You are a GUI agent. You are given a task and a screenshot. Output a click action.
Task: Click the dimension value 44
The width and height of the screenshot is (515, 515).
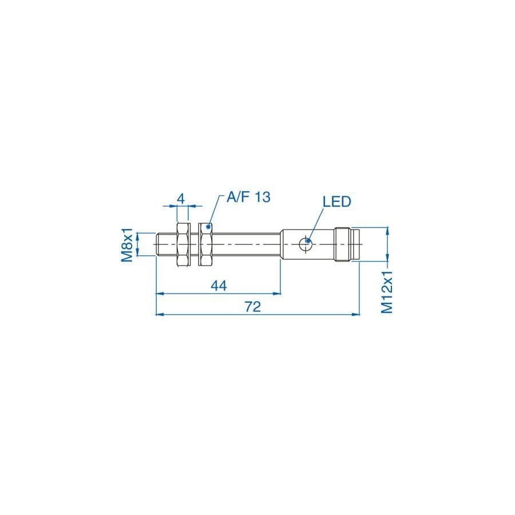coord(219,286)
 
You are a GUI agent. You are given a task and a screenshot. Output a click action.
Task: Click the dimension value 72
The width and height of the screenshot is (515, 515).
coord(253,307)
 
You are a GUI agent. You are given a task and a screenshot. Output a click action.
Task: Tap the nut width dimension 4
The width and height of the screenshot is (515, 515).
coord(181,199)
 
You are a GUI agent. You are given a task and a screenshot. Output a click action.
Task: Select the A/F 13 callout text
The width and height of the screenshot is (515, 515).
coord(249,197)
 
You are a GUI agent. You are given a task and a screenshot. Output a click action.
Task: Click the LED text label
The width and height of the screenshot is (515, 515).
coord(336,201)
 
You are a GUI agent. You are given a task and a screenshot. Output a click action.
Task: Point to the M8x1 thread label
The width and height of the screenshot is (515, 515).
coord(127,245)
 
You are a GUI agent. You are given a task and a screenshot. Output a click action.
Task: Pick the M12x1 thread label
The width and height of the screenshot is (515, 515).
coord(387,292)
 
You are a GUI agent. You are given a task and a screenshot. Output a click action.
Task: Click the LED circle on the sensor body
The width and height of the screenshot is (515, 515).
coord(306,244)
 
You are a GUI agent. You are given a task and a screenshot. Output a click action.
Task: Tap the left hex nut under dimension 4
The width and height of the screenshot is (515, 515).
coord(184,244)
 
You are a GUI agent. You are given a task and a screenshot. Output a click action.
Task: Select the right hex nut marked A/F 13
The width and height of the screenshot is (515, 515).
coord(205,244)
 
